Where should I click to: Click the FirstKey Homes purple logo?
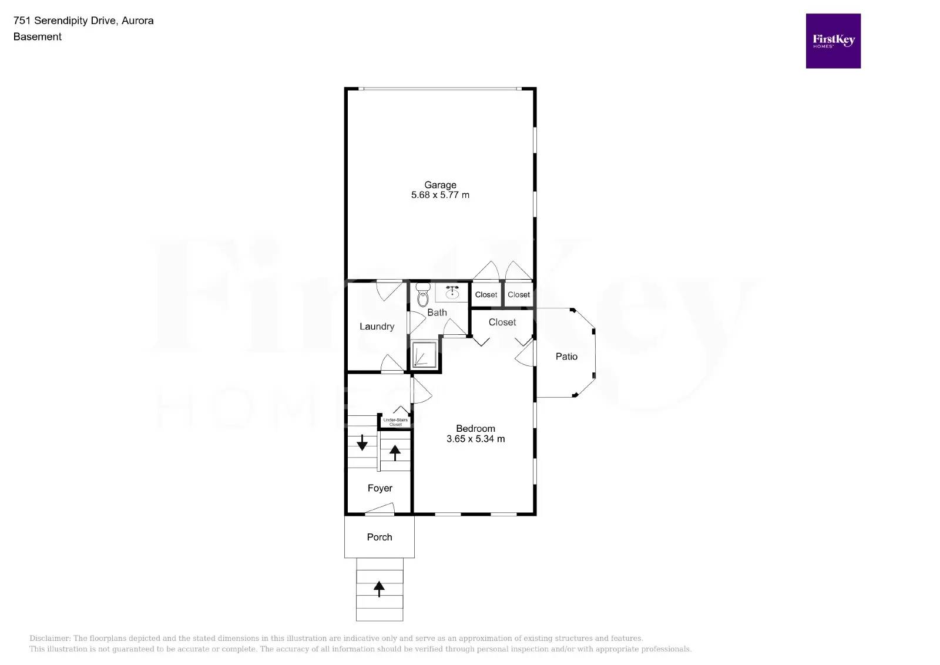point(833,41)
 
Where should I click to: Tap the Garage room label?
point(440,185)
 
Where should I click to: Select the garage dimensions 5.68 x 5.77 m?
point(440,195)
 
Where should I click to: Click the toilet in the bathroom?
point(423,295)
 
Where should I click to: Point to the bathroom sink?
point(452,292)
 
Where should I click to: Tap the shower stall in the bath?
point(424,354)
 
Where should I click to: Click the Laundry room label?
point(377,327)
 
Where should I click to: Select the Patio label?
point(566,357)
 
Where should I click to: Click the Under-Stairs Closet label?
point(395,422)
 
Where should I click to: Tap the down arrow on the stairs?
point(362,442)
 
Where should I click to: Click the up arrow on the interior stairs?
point(395,452)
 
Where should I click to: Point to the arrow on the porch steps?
point(379,587)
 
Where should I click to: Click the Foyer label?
point(380,488)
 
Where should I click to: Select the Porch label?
point(379,537)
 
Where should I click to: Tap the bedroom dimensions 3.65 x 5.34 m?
point(475,439)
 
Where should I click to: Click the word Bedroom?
point(475,429)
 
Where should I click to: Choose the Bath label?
point(437,313)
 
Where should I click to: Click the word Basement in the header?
point(38,36)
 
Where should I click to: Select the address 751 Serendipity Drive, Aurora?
point(83,21)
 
